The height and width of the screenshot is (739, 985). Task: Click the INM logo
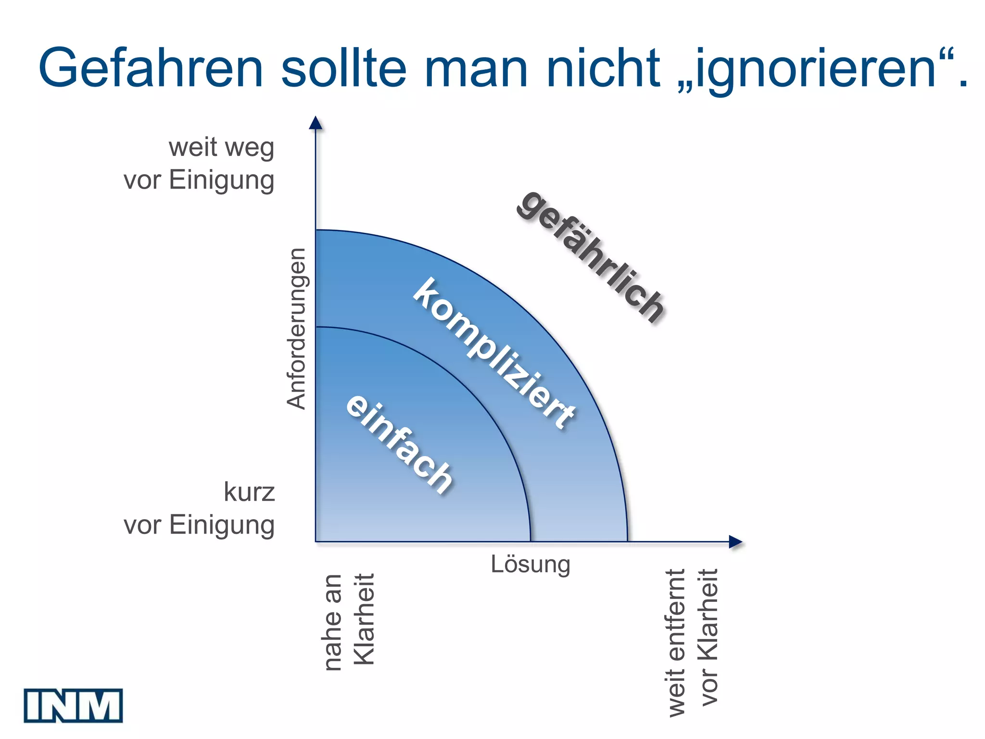point(73,705)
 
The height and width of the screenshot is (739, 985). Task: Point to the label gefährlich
point(591,256)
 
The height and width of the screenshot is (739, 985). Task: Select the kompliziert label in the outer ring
point(494,354)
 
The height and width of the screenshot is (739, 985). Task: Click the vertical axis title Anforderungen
point(296,329)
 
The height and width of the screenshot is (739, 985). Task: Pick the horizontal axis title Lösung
point(530,564)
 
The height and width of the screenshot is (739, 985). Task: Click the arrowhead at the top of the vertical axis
point(316,123)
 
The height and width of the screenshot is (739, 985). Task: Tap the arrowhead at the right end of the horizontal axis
point(735,542)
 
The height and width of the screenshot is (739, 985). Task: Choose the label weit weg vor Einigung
point(199,164)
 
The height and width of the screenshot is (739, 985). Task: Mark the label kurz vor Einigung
point(199,508)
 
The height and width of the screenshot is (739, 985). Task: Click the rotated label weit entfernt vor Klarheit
point(693,643)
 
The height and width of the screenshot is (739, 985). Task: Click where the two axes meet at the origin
point(316,542)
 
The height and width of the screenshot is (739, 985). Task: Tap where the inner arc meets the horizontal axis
point(530,542)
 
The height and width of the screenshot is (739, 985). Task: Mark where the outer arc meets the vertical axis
point(316,230)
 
